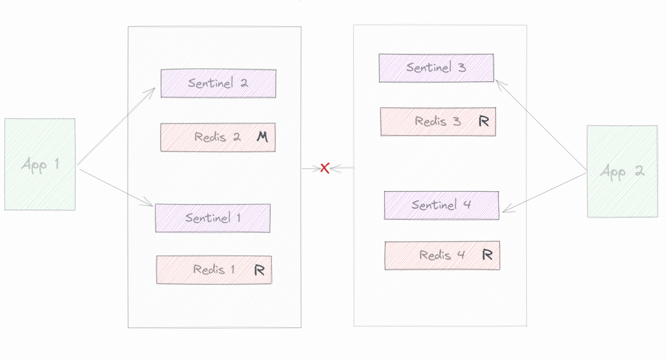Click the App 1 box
tap(40, 165)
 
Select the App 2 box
tap(623, 171)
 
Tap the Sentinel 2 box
tap(218, 84)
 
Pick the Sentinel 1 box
tap(213, 218)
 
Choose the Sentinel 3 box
tap(436, 68)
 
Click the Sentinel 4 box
tap(441, 206)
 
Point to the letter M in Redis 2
tap(262, 137)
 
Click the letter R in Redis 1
tap(259, 270)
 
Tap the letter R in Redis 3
tap(484, 121)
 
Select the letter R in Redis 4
tap(487, 255)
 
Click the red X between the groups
tap(325, 168)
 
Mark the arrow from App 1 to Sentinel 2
tap(116, 126)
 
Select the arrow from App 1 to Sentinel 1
tap(116, 188)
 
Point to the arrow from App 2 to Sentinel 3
tap(541, 126)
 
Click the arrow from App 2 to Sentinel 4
tap(544, 193)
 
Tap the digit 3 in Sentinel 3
tap(462, 68)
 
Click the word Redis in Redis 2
tap(210, 137)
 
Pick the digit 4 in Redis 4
tap(461, 255)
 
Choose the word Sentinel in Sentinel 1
tap(208, 218)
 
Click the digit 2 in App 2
tap(640, 171)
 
